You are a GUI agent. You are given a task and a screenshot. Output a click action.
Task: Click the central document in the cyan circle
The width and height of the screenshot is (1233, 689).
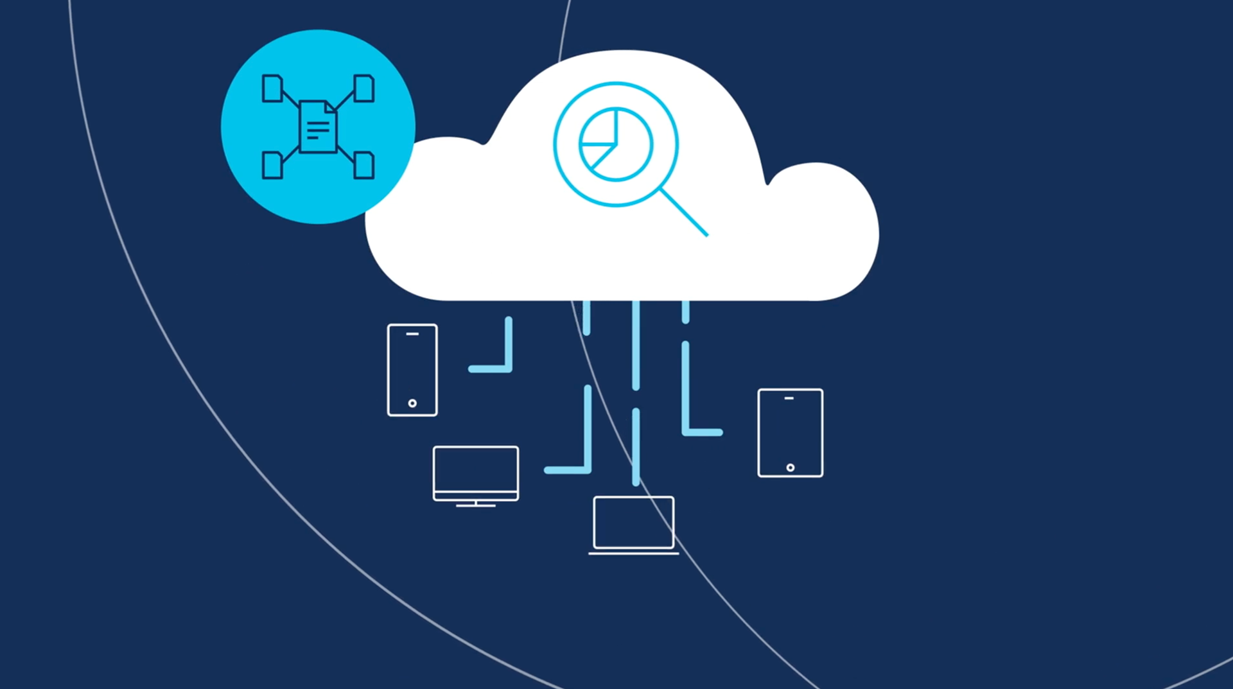click(318, 126)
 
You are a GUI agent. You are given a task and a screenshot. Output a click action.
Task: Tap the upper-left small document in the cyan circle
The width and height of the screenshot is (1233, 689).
click(272, 89)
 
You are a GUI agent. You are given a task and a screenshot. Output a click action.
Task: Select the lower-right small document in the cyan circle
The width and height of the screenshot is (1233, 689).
click(364, 165)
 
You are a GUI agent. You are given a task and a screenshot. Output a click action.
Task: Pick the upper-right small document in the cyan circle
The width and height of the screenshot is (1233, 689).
click(364, 89)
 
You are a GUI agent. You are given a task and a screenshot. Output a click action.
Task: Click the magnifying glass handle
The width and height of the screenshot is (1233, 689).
click(685, 213)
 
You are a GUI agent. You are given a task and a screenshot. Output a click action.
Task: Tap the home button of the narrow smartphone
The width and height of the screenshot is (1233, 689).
click(412, 403)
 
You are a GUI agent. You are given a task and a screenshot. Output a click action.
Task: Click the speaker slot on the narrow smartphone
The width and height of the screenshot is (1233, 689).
click(412, 334)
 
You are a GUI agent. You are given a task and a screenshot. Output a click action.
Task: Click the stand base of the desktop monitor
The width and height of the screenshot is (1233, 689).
click(476, 506)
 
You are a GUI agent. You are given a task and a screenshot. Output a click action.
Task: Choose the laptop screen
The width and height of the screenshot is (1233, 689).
click(633, 522)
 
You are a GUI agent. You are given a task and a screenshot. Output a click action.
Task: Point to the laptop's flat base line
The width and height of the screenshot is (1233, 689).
click(633, 553)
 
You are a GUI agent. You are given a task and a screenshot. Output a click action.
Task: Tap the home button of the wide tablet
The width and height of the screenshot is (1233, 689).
click(791, 467)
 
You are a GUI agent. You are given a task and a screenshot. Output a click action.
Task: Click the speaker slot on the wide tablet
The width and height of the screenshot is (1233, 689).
click(789, 398)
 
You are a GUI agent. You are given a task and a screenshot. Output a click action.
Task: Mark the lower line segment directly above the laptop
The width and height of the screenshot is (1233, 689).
click(636, 446)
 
